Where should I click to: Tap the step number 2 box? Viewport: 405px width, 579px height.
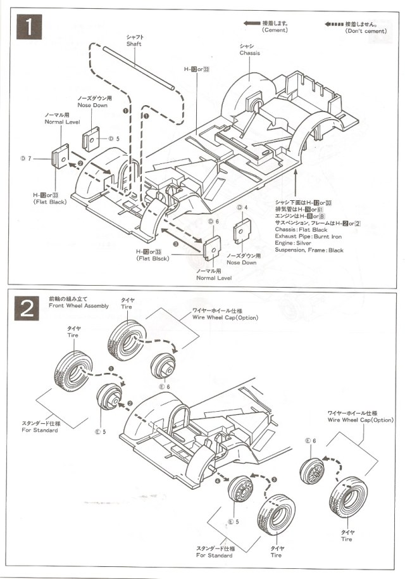[x=29, y=311]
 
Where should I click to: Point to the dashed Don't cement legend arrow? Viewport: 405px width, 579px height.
[x=334, y=24]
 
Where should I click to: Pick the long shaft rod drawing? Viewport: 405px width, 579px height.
[x=139, y=67]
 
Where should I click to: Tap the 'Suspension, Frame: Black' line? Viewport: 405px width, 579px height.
[x=309, y=250]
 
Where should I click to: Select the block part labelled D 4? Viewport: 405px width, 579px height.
[x=241, y=231]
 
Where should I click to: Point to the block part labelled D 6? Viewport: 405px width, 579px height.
[x=212, y=247]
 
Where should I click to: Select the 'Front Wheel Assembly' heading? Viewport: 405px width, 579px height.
[x=78, y=305]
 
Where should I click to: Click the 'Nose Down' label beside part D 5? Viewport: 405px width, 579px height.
[x=93, y=105]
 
